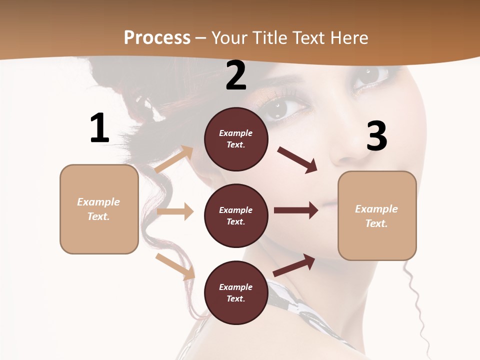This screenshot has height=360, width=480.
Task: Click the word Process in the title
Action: click(x=157, y=37)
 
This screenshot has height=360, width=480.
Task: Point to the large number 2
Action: click(x=236, y=75)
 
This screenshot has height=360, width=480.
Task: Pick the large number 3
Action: click(x=376, y=136)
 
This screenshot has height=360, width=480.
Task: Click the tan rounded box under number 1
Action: click(x=99, y=209)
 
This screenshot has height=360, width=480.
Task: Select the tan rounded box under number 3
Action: click(x=377, y=216)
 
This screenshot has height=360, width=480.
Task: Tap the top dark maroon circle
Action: click(x=236, y=139)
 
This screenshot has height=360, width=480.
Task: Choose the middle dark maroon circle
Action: click(x=236, y=216)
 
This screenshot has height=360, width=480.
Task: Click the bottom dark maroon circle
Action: click(x=236, y=293)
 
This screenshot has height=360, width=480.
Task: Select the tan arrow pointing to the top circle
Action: click(x=174, y=159)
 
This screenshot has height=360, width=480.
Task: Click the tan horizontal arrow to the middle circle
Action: click(x=175, y=211)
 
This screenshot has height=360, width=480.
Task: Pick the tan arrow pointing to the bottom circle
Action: click(x=175, y=266)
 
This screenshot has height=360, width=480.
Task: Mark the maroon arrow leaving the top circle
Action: click(x=297, y=160)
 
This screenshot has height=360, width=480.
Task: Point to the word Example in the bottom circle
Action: click(x=236, y=287)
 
